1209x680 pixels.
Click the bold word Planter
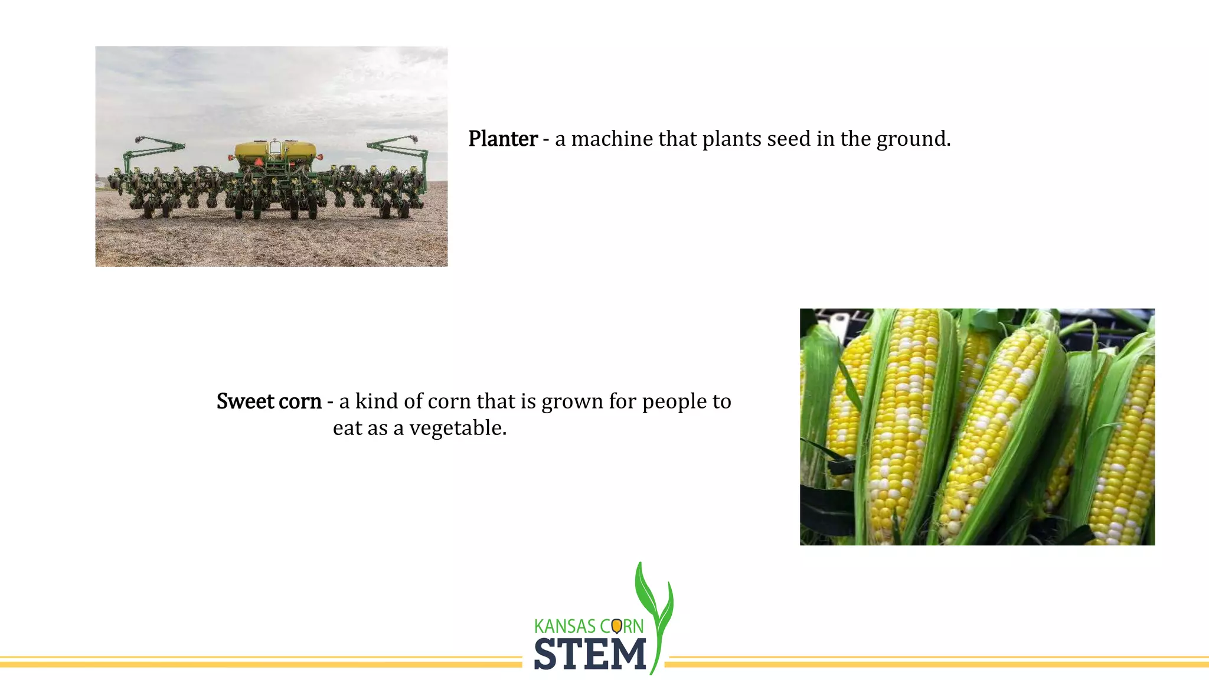click(x=502, y=139)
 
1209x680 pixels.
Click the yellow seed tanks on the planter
click(x=275, y=151)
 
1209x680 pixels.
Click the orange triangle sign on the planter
click(x=258, y=162)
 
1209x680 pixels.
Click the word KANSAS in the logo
click(x=565, y=626)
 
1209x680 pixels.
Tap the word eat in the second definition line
click(x=347, y=428)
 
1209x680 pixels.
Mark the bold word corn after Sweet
click(x=300, y=401)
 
